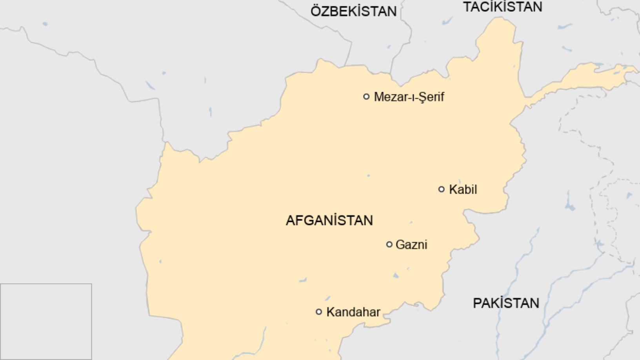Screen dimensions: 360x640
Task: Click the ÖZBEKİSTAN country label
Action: (x=353, y=11)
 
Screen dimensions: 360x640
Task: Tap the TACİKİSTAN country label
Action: (x=503, y=7)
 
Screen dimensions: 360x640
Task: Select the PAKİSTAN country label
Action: (x=506, y=303)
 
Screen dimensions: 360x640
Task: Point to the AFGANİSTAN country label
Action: (x=329, y=220)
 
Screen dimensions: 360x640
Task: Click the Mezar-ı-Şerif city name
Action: (x=409, y=97)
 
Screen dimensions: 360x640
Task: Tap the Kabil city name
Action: (x=463, y=189)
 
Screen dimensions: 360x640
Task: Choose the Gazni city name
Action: (x=411, y=245)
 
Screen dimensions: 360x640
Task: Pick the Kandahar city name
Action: (x=353, y=312)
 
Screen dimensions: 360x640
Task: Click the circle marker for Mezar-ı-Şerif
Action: (x=366, y=96)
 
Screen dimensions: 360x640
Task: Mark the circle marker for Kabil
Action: (x=441, y=189)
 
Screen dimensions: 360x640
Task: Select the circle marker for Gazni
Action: (x=389, y=244)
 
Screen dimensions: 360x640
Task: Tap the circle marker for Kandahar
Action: (x=319, y=312)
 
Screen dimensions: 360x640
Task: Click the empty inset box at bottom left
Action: (x=46, y=322)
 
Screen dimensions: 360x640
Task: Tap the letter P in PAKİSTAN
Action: (x=477, y=303)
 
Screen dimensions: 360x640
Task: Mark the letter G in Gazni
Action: (x=400, y=245)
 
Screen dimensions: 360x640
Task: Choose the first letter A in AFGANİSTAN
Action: (x=290, y=220)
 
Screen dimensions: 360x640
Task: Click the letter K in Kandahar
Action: (x=330, y=312)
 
